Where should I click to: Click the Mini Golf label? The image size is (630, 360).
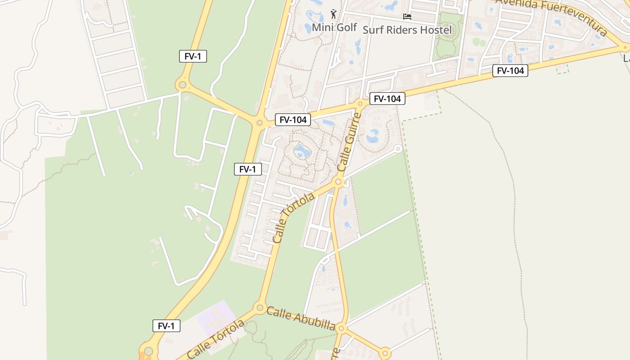click(x=334, y=27)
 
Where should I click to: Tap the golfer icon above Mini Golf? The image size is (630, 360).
click(x=333, y=14)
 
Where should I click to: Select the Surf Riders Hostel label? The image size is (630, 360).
click(x=407, y=30)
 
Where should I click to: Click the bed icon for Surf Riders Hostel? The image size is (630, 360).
click(x=407, y=17)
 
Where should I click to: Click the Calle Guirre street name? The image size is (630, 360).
click(x=349, y=142)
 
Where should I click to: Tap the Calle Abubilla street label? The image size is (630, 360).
click(x=301, y=319)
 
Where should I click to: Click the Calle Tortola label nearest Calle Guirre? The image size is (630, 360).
click(x=293, y=218)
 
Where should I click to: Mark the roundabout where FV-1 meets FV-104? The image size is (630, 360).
click(x=259, y=122)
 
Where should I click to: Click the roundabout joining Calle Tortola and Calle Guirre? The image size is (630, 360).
click(x=338, y=182)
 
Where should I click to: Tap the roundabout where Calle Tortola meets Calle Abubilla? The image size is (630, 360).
click(x=260, y=308)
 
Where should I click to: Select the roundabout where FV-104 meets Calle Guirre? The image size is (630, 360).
click(x=360, y=104)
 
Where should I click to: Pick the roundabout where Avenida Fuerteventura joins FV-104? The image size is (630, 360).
click(x=625, y=47)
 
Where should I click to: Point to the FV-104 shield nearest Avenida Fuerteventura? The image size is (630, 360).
click(x=510, y=71)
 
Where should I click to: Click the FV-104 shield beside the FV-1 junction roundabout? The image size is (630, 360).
click(x=293, y=120)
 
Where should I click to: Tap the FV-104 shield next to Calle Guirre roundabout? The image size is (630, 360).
click(x=387, y=99)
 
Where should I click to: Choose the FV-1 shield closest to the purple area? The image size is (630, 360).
click(x=166, y=326)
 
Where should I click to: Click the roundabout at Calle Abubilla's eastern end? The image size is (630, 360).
click(x=385, y=353)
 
